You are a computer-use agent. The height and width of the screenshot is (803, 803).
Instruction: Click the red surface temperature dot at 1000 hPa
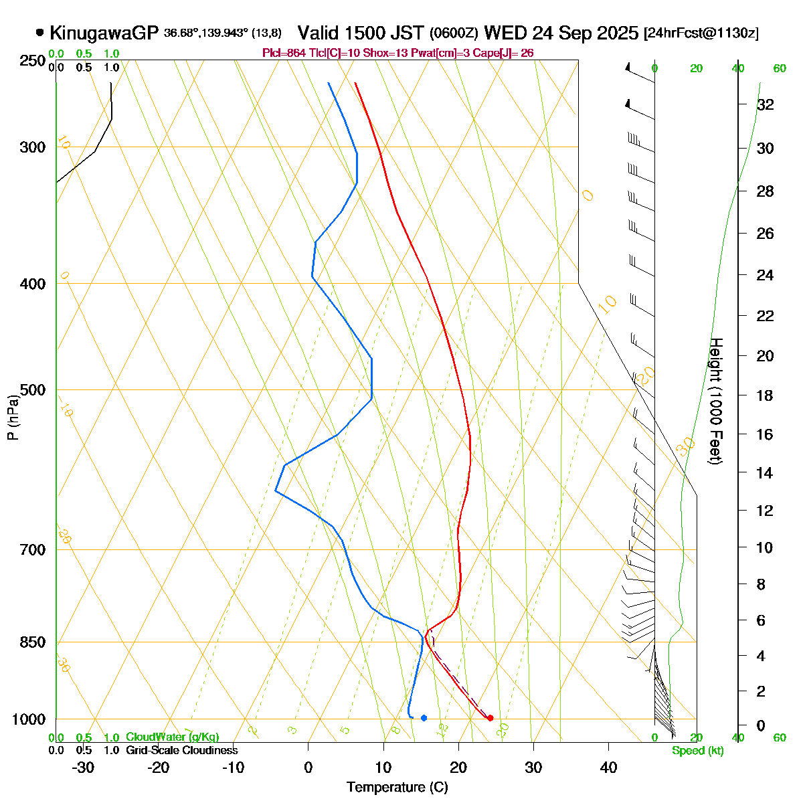pyautogui.click(x=490, y=718)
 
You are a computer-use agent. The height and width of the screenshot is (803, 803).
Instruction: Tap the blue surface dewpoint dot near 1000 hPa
pyautogui.click(x=424, y=718)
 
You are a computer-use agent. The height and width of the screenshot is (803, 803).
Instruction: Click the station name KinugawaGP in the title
pyautogui.click(x=104, y=32)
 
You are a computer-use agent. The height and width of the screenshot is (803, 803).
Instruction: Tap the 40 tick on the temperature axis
pyautogui.click(x=608, y=768)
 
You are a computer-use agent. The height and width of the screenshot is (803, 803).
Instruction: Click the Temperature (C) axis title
pyautogui.click(x=397, y=787)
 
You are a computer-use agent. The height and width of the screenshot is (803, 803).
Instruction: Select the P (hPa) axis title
pyautogui.click(x=13, y=418)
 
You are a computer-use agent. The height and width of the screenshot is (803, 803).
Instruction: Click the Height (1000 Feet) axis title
pyautogui.click(x=715, y=401)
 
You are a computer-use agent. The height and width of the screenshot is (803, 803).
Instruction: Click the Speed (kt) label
pyautogui.click(x=698, y=751)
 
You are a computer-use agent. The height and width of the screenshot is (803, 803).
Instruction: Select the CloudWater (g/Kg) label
pyautogui.click(x=173, y=737)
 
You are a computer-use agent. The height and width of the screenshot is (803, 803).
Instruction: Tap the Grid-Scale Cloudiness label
pyautogui.click(x=182, y=751)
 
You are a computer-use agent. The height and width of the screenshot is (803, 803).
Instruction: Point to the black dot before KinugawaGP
pyautogui.click(x=40, y=31)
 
